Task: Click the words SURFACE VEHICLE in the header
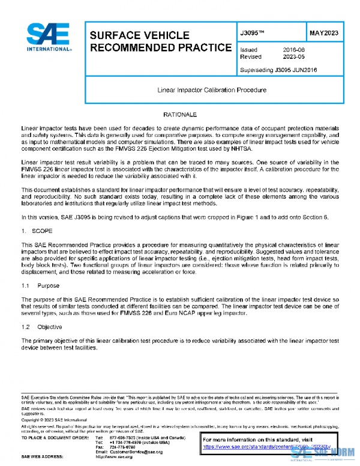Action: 139,35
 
